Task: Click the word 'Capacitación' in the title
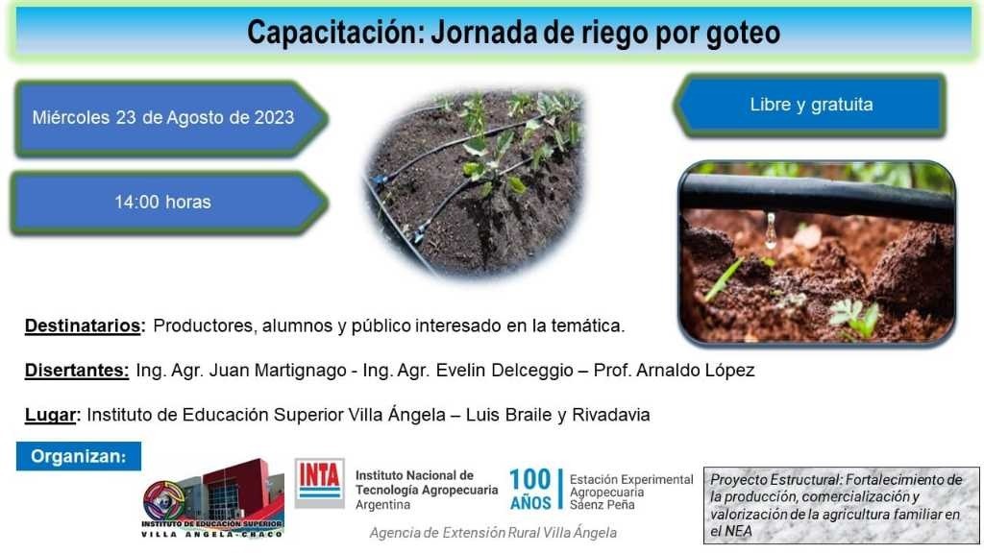tap(335, 33)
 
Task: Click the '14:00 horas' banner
tap(169, 202)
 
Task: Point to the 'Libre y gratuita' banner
tap(809, 105)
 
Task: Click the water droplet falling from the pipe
tap(771, 229)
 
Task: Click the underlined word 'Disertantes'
tap(77, 371)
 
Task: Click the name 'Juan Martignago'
tap(278, 371)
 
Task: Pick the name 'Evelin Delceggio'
tap(504, 371)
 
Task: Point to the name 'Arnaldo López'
tap(696, 370)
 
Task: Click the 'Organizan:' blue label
tap(79, 456)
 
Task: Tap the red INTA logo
tap(319, 483)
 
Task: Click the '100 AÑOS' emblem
tap(530, 490)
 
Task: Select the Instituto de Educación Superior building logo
tap(213, 498)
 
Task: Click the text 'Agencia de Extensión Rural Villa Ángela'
tap(493, 533)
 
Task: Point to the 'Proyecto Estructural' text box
tap(841, 505)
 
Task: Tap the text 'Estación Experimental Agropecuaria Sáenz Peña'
tap(631, 493)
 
